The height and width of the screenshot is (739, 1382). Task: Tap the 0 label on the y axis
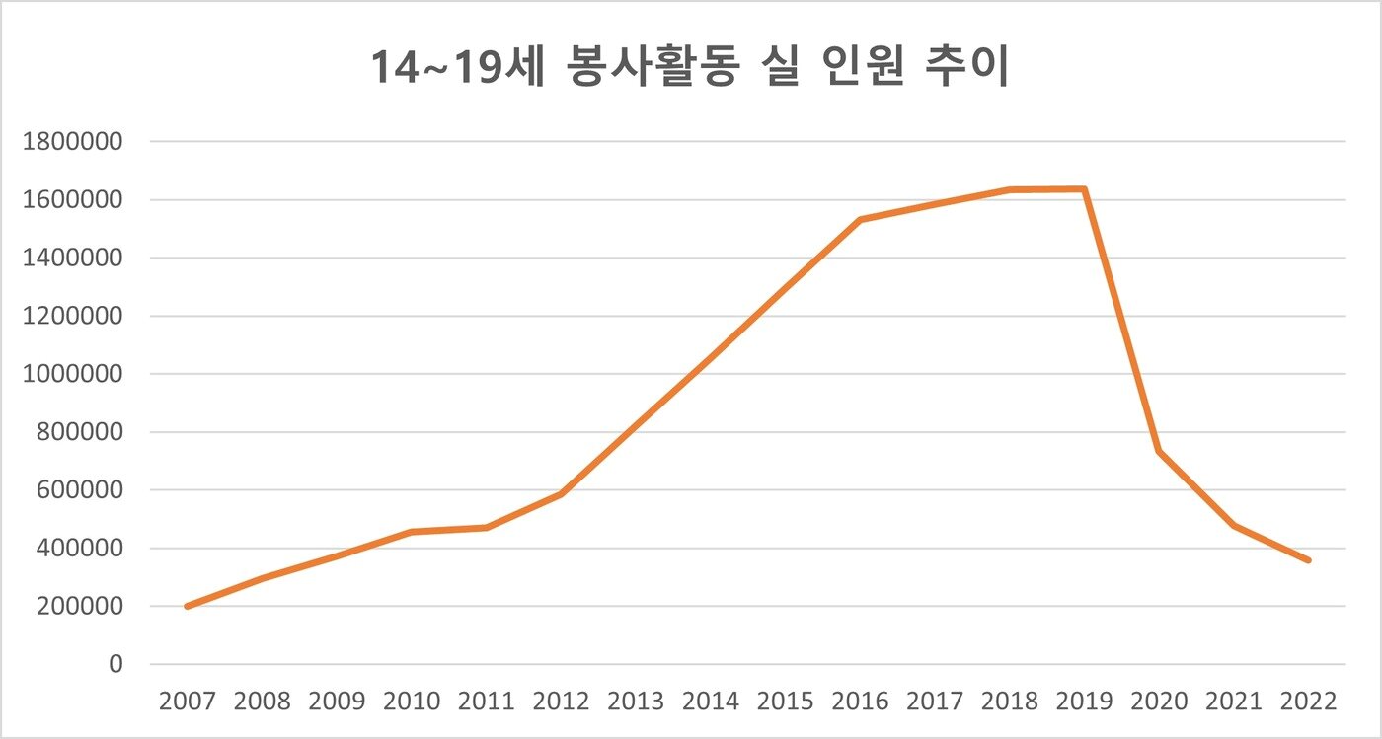tap(115, 664)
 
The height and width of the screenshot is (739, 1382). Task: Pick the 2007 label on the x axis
tap(188, 702)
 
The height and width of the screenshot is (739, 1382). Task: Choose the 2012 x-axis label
tap(561, 702)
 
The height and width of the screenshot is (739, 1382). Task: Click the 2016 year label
tap(861, 702)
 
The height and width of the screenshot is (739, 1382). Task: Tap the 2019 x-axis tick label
tap(1085, 702)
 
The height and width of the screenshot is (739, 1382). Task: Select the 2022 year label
tap(1309, 702)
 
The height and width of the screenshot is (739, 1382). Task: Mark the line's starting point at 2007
tap(188, 606)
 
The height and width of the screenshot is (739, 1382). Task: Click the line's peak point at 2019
tap(1085, 189)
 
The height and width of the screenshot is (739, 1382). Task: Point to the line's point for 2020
tap(1160, 451)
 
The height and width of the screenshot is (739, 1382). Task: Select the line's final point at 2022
tap(1309, 560)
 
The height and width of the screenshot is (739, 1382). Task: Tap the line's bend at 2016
tap(861, 220)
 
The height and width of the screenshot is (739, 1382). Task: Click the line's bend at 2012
tap(561, 493)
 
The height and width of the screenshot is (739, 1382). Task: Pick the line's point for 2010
tap(412, 532)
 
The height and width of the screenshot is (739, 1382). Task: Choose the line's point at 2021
tap(1234, 526)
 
